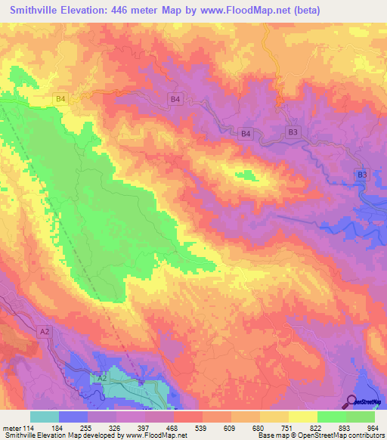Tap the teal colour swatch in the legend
coord(45,417)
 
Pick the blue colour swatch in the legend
coord(73,417)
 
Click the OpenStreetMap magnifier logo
coord(351,401)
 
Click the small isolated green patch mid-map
coord(246,176)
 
